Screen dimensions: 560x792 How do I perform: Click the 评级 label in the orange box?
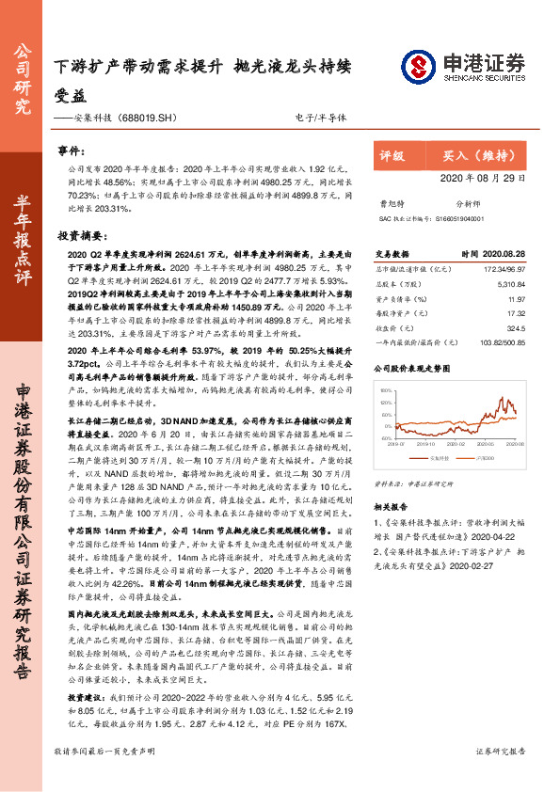click(392, 156)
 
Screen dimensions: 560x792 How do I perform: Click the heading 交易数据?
click(393, 254)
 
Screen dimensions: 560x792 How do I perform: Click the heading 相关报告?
click(393, 507)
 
